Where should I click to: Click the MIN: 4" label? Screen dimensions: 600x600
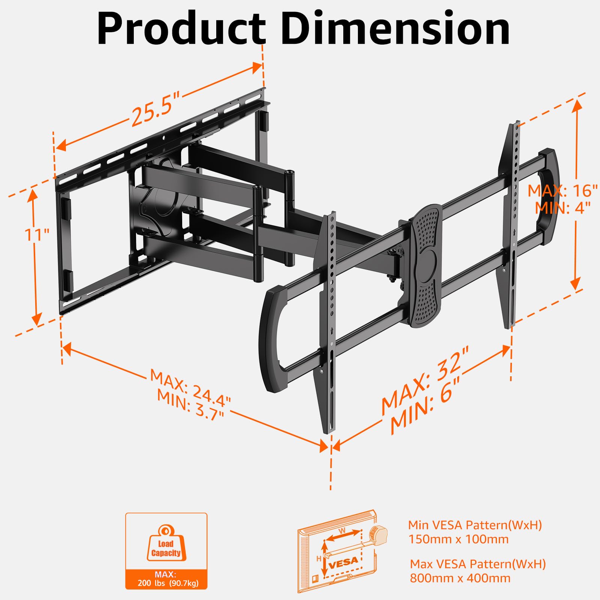(x=562, y=207)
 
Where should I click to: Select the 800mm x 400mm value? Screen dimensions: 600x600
(x=460, y=578)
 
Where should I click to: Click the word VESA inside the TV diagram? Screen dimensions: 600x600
(x=343, y=562)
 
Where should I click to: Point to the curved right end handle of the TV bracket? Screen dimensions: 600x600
(x=549, y=187)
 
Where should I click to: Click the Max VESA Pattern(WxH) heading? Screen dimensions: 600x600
(x=477, y=564)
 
